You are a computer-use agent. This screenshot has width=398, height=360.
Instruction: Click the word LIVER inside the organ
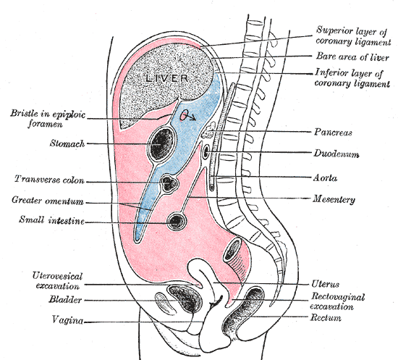tap(167, 78)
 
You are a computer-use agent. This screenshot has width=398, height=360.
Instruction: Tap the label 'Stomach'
tap(67, 144)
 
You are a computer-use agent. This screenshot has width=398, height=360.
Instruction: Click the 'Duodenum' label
tap(338, 154)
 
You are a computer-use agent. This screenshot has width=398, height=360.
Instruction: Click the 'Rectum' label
tap(329, 317)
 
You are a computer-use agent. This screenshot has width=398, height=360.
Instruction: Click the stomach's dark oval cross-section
tap(160, 145)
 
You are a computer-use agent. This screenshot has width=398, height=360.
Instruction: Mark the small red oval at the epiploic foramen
tap(186, 114)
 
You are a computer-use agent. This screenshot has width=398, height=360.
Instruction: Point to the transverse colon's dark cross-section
tap(171, 183)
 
